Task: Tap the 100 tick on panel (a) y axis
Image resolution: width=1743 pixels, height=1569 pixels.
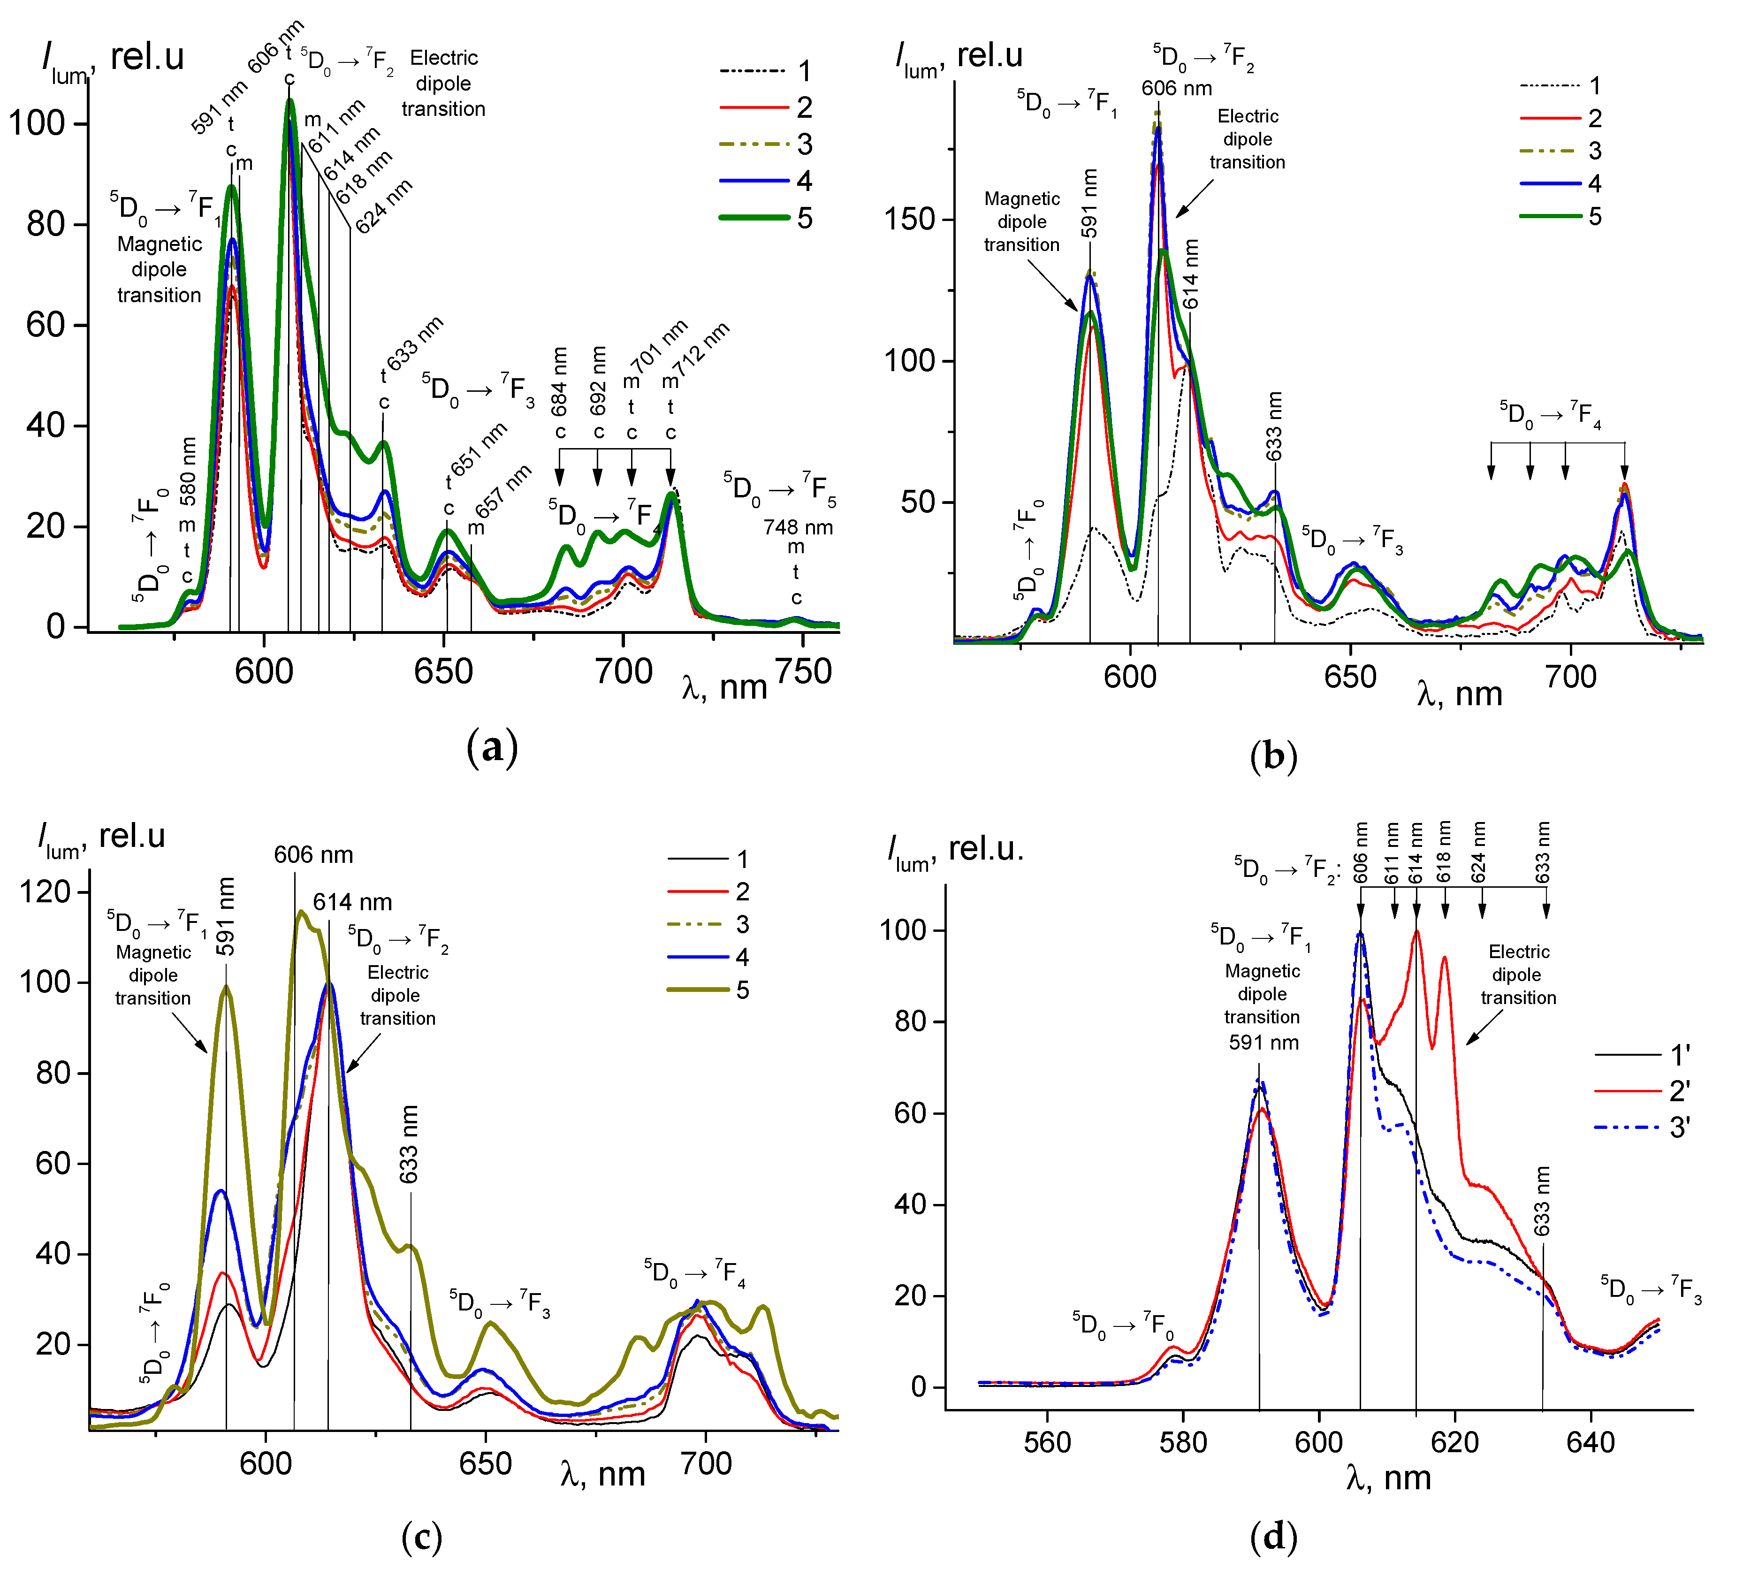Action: (36, 123)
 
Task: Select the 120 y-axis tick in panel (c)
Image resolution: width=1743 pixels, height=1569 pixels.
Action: (45, 891)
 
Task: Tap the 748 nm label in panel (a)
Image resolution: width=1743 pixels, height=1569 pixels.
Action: (797, 527)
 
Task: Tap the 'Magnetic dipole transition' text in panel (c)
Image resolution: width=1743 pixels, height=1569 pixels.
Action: (153, 975)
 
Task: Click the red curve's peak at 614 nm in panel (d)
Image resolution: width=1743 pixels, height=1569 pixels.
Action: (1416, 932)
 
